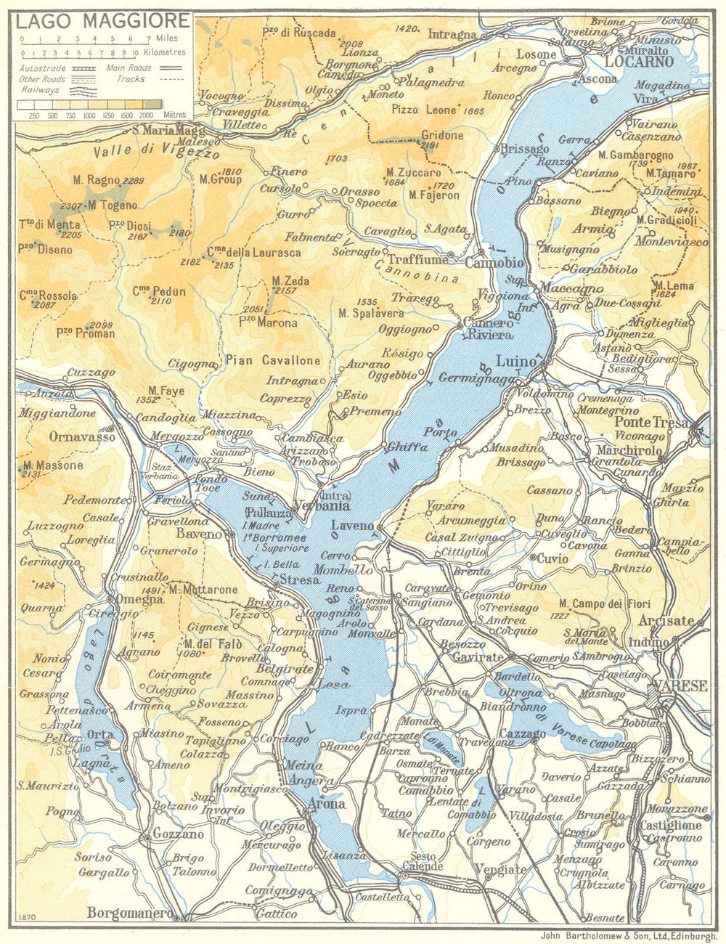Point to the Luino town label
pos(515,361)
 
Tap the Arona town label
pos(327,805)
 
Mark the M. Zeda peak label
pos(290,280)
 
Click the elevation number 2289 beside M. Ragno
pos(136,180)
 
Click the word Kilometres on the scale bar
pos(166,53)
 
